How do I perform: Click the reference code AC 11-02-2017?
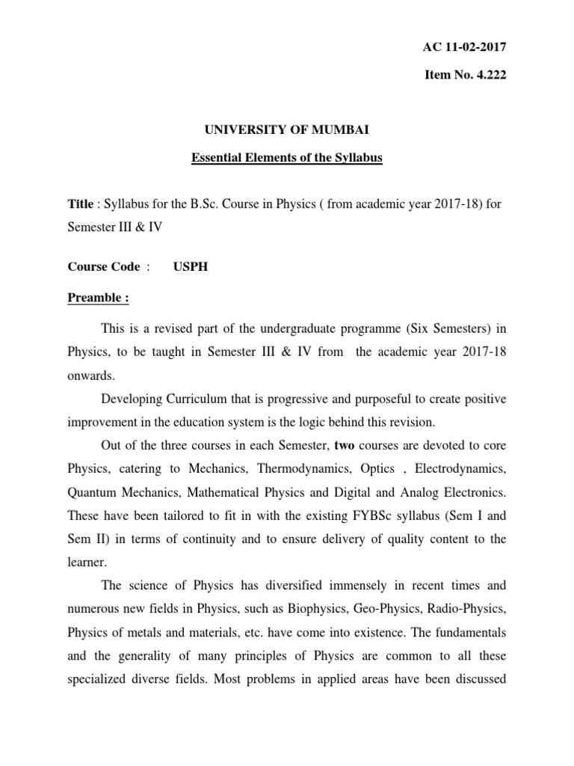464,48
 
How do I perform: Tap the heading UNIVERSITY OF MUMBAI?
287,130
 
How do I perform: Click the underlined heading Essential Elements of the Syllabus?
287,159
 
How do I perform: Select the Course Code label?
104,267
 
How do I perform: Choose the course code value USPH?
192,267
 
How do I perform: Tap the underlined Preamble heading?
99,298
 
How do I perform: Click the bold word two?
345,447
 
